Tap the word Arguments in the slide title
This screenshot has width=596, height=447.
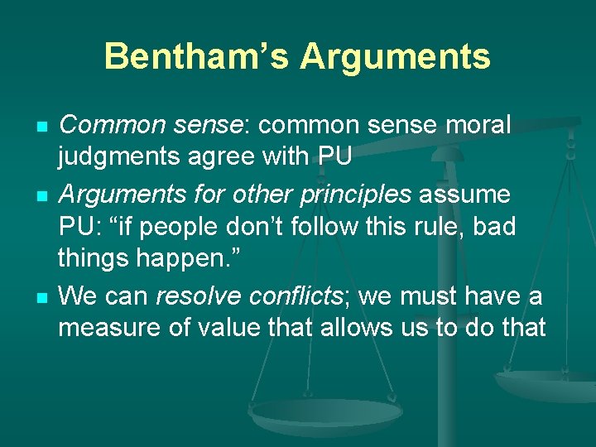[x=395, y=56]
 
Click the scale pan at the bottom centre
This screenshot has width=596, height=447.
[x=326, y=414]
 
